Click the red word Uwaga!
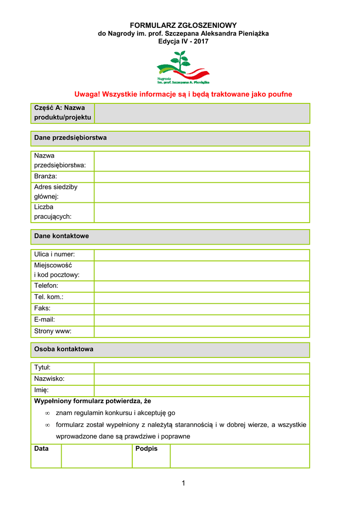(88, 94)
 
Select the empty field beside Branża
(202, 176)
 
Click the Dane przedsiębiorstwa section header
(70, 138)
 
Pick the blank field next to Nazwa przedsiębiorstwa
(202, 161)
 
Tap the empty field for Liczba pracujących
(202, 212)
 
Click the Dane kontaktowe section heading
(61, 236)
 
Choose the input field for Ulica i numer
(202, 255)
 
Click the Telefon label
(46, 286)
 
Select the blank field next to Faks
(202, 309)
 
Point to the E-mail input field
(202, 320)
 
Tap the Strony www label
(53, 331)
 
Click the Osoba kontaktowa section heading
(64, 349)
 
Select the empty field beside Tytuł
(202, 368)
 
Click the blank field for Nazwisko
(202, 379)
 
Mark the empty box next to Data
(96, 456)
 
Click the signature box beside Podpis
(240, 456)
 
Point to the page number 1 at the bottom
(183, 483)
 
